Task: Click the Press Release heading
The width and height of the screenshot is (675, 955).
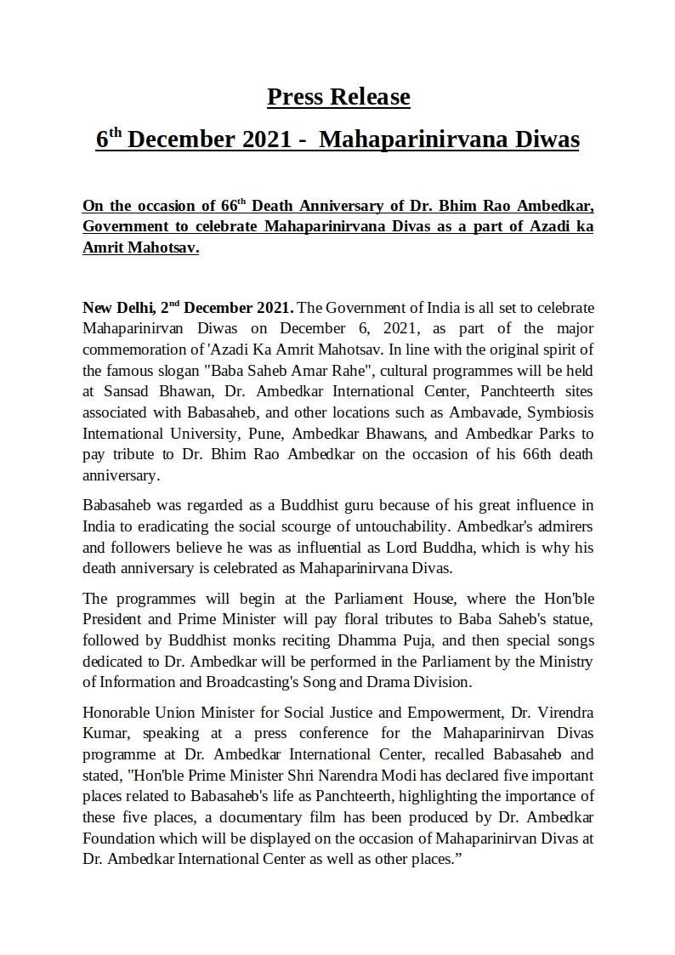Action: pyautogui.click(x=338, y=97)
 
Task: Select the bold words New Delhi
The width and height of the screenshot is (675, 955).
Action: pyautogui.click(x=118, y=307)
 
